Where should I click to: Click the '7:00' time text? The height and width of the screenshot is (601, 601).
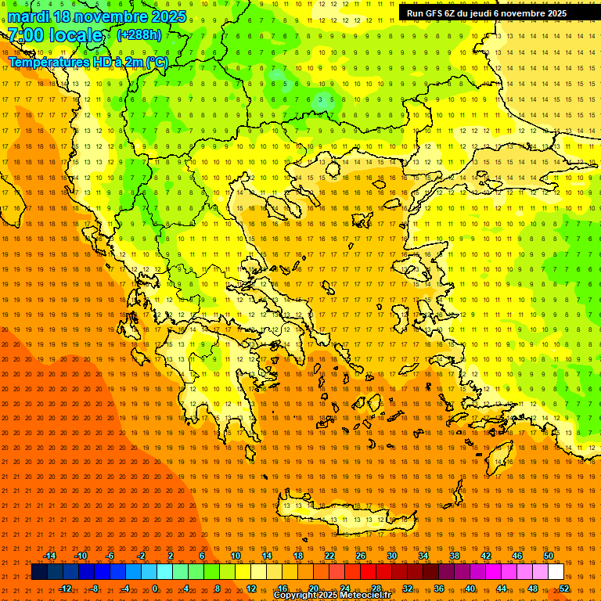(25, 35)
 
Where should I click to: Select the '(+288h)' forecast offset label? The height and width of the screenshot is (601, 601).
(139, 35)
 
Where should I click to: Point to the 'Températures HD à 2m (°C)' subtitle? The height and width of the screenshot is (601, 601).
(88, 62)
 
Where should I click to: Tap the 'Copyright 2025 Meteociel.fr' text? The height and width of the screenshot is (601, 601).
(332, 596)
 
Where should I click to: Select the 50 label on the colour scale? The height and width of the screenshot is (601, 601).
(549, 556)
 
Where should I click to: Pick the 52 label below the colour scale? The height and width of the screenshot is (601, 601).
(564, 588)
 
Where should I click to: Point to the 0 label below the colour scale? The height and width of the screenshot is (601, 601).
(155, 588)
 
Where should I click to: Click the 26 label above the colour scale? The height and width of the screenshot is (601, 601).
(361, 556)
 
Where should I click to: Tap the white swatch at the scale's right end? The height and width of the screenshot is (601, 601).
(556, 572)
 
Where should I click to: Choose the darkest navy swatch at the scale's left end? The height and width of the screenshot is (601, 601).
(39, 572)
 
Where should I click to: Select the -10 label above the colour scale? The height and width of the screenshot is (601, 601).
(80, 556)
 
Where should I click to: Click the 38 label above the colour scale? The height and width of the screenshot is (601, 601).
(455, 556)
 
